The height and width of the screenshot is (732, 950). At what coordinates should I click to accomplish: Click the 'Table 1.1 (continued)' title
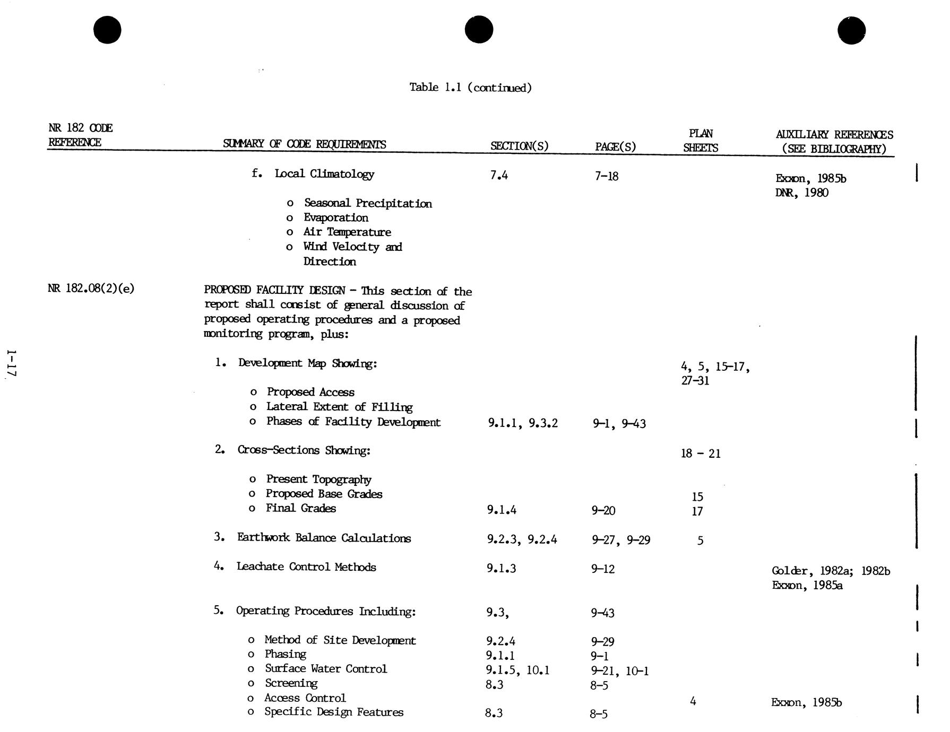[x=470, y=88]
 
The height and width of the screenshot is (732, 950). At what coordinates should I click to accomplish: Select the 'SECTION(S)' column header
[x=519, y=146]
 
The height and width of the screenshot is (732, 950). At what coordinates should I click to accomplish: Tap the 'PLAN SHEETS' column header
[x=701, y=141]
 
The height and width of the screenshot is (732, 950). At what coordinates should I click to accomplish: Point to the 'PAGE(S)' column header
[x=615, y=146]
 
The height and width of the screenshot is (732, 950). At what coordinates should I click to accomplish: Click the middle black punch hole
[x=479, y=29]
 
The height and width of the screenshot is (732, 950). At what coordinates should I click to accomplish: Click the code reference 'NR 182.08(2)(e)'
[x=91, y=289]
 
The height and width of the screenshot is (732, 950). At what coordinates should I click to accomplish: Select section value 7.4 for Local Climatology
[x=499, y=176]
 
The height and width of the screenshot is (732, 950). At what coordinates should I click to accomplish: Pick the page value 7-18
[x=606, y=176]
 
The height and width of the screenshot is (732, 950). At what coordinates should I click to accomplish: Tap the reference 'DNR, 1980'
[x=801, y=193]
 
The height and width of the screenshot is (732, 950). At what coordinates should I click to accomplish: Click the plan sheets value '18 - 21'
[x=701, y=454]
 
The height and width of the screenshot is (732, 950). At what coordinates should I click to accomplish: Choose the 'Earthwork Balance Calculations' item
[x=324, y=538]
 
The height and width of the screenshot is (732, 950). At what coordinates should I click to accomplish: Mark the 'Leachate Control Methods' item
[x=306, y=567]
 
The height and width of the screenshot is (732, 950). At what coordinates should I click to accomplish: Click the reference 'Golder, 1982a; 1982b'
[x=831, y=571]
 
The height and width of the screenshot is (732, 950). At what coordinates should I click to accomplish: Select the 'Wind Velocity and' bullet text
[x=352, y=247]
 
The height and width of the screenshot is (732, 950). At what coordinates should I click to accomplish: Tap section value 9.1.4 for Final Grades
[x=502, y=510]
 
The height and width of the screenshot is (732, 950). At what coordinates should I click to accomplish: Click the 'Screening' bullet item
[x=291, y=683]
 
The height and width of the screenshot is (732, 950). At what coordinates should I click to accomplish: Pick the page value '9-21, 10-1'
[x=620, y=671]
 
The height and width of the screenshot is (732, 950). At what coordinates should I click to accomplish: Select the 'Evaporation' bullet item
[x=335, y=217]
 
